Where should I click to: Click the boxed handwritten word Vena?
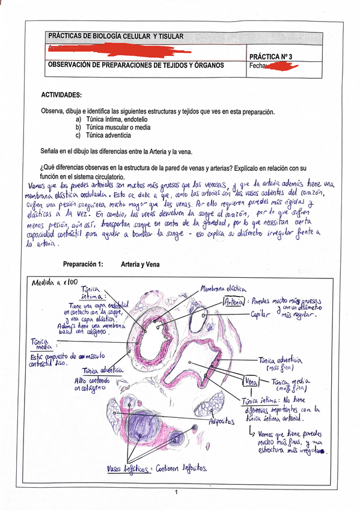click(x=250, y=381)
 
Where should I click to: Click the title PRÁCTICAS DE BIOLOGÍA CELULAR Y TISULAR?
click(x=116, y=36)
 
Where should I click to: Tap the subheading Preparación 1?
click(x=84, y=264)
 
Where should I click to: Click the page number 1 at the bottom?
click(x=177, y=493)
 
